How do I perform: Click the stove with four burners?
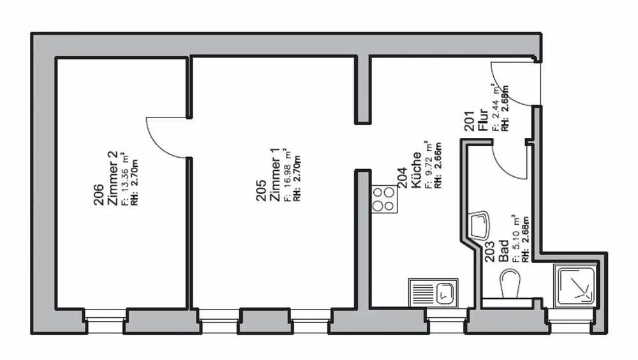[x=385, y=199]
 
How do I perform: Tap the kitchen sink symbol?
[x=433, y=293]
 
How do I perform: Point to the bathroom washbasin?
[x=479, y=225]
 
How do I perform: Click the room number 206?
[x=99, y=195]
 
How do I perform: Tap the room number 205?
[x=261, y=190]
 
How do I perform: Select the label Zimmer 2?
[x=112, y=178]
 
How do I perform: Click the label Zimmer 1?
[x=275, y=174]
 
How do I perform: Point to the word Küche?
[x=416, y=170]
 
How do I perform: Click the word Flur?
[x=483, y=119]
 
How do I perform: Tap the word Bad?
[x=504, y=251]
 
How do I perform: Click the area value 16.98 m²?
[x=288, y=175]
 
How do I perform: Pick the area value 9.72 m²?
[x=427, y=165]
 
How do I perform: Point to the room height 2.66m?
[x=438, y=165]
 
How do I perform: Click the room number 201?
[x=470, y=121]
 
